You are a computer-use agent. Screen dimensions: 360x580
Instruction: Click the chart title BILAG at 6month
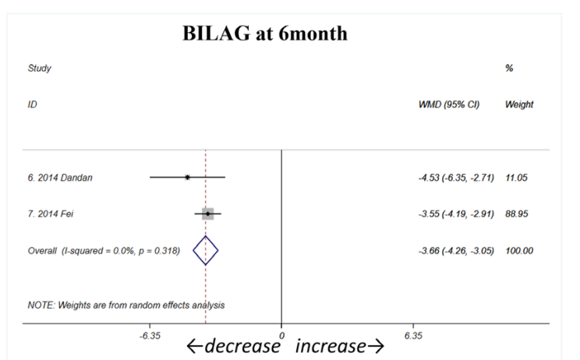click(264, 34)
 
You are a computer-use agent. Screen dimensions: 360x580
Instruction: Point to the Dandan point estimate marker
click(188, 178)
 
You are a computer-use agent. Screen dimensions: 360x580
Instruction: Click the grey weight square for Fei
click(207, 214)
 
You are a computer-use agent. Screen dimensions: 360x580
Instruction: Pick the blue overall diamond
click(206, 250)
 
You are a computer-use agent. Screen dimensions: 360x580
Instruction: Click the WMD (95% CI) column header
click(449, 104)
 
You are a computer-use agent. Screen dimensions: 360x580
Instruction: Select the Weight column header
click(519, 104)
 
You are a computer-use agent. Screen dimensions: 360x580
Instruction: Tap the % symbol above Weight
click(509, 69)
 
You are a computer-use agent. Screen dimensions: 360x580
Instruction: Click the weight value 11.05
click(517, 178)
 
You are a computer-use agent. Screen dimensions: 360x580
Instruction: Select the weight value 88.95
click(517, 214)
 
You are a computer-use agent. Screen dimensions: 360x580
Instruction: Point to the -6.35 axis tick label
click(149, 336)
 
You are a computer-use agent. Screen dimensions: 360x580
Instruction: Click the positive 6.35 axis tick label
click(414, 336)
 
